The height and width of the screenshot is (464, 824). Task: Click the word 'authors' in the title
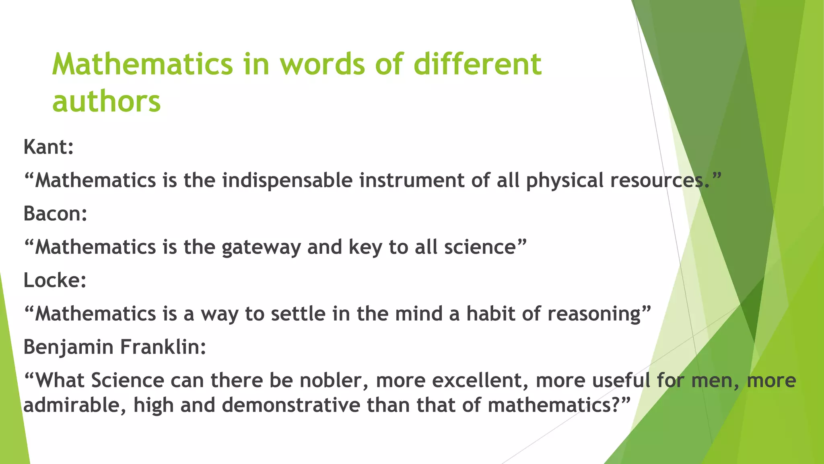107,101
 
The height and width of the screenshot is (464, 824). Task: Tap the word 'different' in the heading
478,64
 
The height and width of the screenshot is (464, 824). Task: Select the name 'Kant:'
49,147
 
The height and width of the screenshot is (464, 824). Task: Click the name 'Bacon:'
56,213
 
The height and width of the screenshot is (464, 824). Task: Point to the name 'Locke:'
55,280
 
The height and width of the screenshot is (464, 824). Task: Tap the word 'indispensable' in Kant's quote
287,180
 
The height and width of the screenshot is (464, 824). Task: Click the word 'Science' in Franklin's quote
128,381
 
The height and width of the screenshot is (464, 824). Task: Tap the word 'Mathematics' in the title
142,64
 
